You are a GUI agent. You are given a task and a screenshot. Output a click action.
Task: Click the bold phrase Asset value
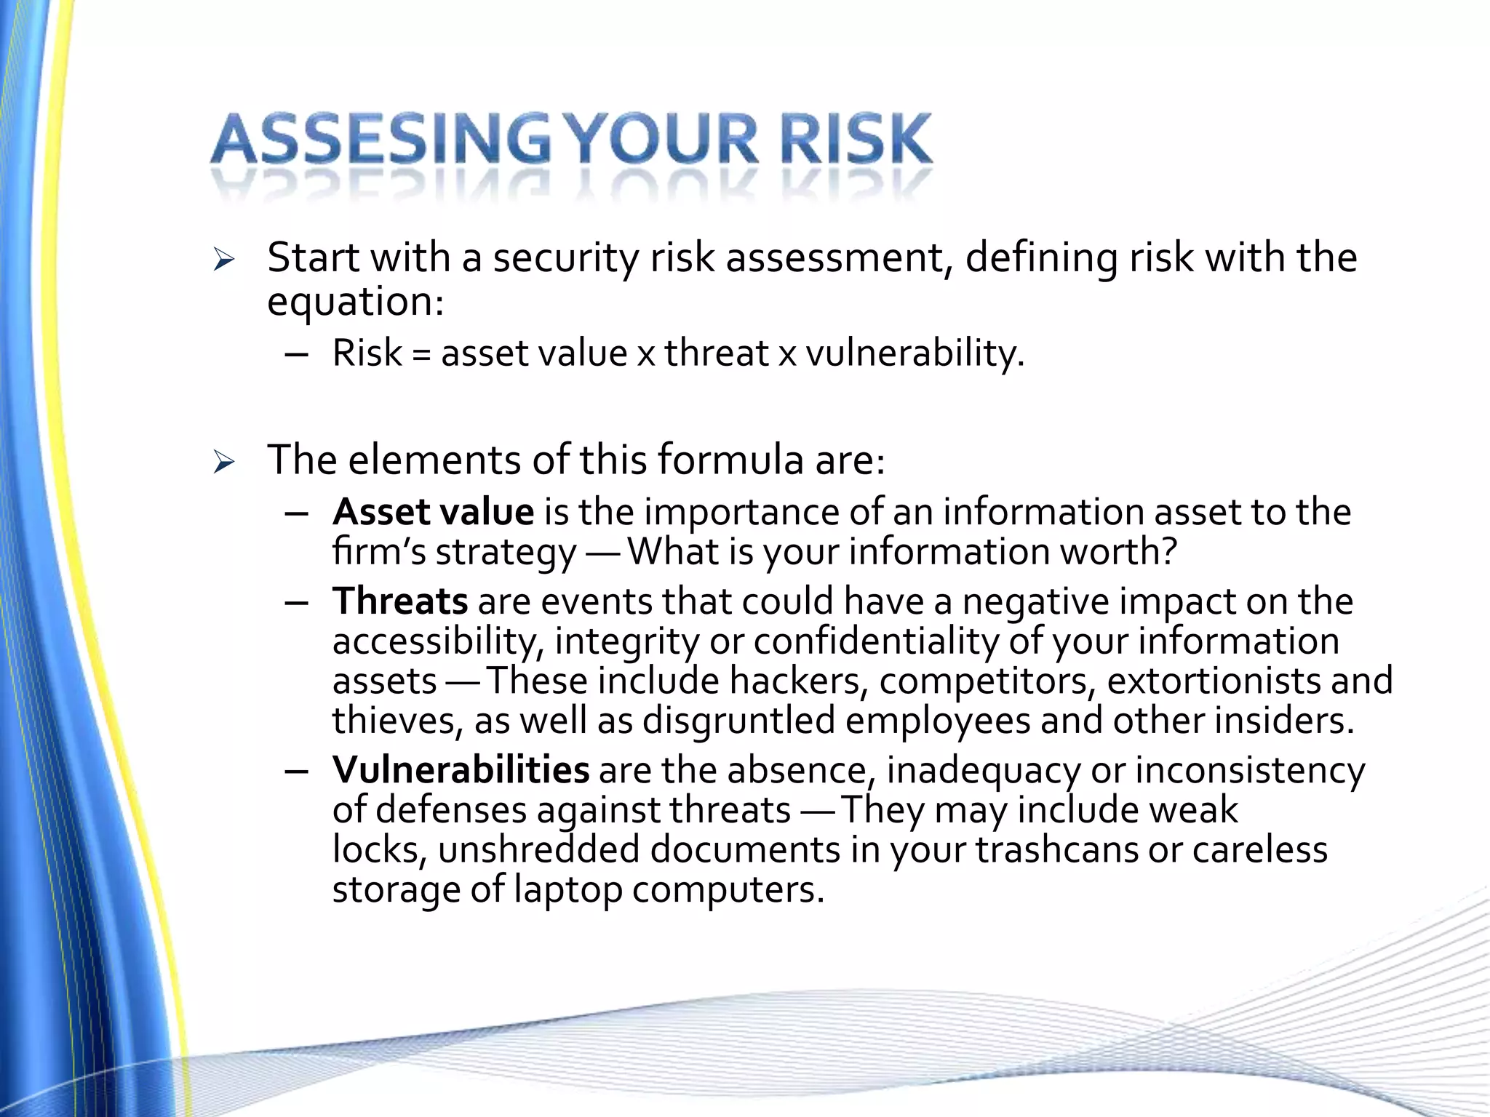coord(433,512)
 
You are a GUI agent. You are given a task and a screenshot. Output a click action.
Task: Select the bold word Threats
coord(400,601)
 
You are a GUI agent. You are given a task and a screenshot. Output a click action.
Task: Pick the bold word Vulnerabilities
coord(461,770)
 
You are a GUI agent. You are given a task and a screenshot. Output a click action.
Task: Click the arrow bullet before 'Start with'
coord(224,260)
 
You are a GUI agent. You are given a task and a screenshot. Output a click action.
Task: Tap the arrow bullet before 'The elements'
coord(224,462)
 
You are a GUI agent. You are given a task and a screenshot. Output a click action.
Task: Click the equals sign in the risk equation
coord(421,355)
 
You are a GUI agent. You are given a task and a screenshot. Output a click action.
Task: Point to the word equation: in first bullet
coord(355,301)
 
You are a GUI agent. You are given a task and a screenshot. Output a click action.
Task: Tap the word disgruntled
coord(738,721)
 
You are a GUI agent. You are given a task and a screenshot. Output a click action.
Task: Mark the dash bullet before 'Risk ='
coord(297,355)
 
